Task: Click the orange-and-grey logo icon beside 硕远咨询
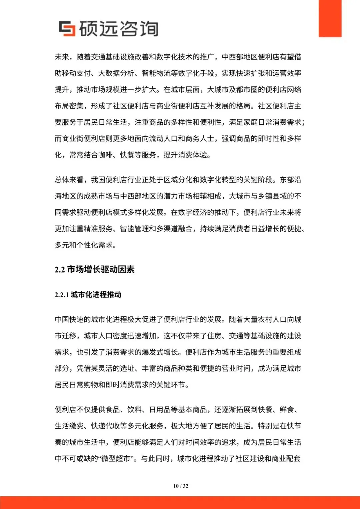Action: pyautogui.click(x=67, y=28)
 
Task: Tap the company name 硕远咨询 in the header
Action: pyautogui.click(x=119, y=29)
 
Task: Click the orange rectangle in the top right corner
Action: pyautogui.click(x=330, y=18)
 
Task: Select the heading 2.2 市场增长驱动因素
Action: pyautogui.click(x=94, y=269)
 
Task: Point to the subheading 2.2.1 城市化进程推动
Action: pyautogui.click(x=88, y=295)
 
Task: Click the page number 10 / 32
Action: pyautogui.click(x=181, y=486)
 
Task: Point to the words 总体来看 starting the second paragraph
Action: pyautogui.click(x=69, y=180)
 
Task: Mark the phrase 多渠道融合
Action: pyautogui.click(x=174, y=229)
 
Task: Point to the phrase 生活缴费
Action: pyautogui.click(x=69, y=426)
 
